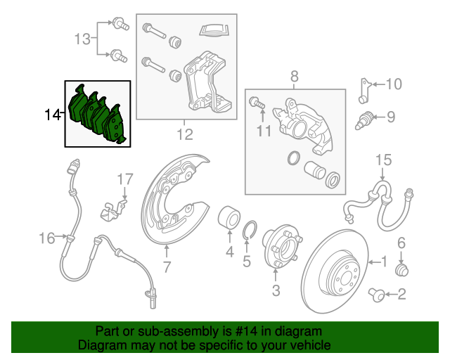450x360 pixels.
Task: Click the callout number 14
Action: point(52,114)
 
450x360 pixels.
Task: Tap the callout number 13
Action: point(83,39)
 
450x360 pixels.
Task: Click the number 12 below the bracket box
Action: point(184,133)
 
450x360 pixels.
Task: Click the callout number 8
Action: point(295,75)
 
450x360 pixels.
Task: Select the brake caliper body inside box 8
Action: point(302,127)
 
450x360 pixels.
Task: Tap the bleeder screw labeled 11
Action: point(257,103)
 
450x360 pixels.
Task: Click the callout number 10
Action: point(393,85)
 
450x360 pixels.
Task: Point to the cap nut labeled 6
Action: point(403,269)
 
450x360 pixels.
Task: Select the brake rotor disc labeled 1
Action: point(336,271)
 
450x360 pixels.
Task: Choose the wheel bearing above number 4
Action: point(229,217)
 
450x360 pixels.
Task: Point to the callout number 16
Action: point(46,238)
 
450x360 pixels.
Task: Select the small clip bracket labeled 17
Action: point(113,207)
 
